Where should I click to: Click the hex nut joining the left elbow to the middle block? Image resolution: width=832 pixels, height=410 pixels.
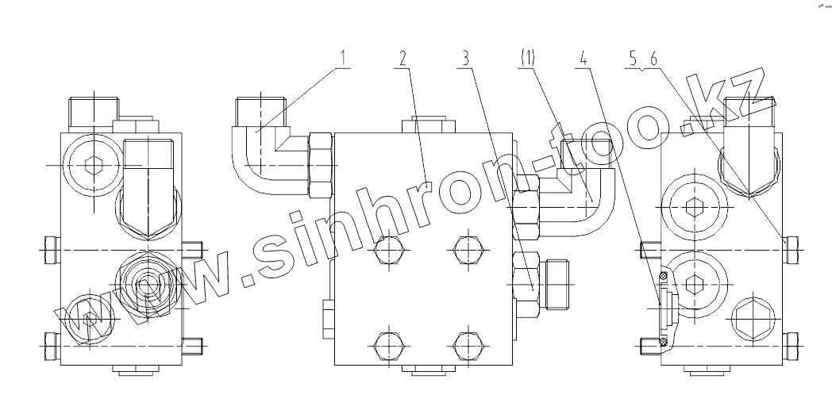pos(319,165)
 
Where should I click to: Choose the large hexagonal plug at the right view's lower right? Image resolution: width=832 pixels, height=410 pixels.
pos(750,320)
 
